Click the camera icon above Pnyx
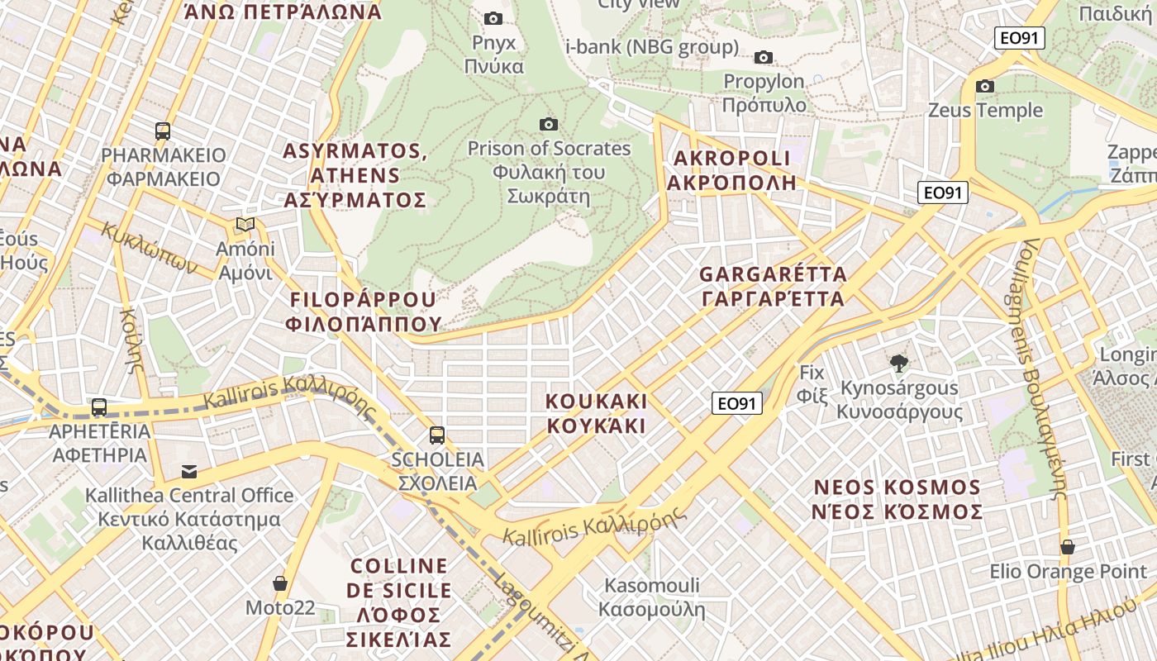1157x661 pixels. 493,18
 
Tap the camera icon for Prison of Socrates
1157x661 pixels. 548,125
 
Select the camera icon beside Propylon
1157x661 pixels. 764,57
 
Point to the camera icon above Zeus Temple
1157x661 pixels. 984,86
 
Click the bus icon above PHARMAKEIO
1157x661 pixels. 163,131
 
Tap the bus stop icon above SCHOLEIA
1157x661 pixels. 437,435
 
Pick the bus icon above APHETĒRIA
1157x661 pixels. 99,407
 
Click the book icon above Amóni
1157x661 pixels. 245,225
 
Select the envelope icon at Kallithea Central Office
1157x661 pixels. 189,472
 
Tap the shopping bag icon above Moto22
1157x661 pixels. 280,583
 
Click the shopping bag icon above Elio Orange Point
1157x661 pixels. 1068,547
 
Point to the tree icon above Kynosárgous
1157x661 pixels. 898,363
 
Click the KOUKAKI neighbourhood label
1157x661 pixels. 596,413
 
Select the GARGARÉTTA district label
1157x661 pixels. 773,286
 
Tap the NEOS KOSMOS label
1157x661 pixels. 898,499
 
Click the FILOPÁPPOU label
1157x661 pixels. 363,311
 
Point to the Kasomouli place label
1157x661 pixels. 652,597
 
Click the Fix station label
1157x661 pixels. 812,384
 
